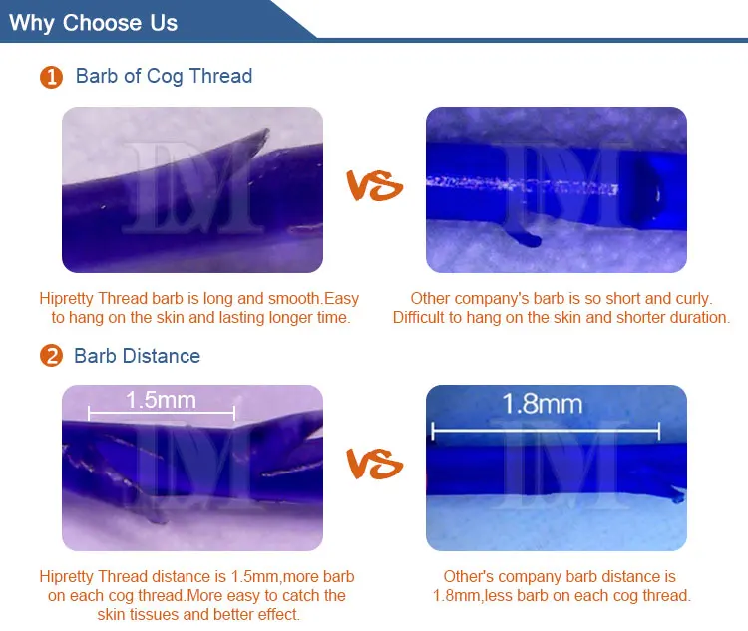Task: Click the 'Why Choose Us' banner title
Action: (x=93, y=23)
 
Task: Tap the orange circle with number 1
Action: (x=52, y=77)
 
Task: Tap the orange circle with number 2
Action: (x=52, y=356)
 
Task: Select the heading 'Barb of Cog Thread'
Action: (x=165, y=77)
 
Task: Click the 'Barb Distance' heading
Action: (x=138, y=356)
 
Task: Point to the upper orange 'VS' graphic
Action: (x=374, y=185)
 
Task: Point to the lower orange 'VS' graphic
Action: (x=374, y=464)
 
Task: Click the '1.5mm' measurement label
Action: (x=161, y=400)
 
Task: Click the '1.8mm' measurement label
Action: (x=543, y=404)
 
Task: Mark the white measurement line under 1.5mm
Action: (x=162, y=413)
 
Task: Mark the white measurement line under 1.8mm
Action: (x=546, y=431)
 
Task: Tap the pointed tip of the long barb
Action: (x=266, y=131)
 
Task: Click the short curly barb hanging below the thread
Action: (x=525, y=238)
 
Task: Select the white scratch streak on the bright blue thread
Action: (x=523, y=184)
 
